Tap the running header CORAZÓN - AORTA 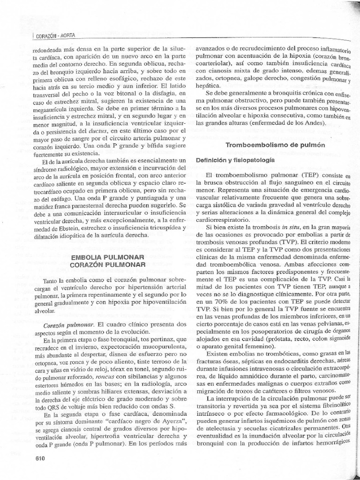55,36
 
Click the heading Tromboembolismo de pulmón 276,145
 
